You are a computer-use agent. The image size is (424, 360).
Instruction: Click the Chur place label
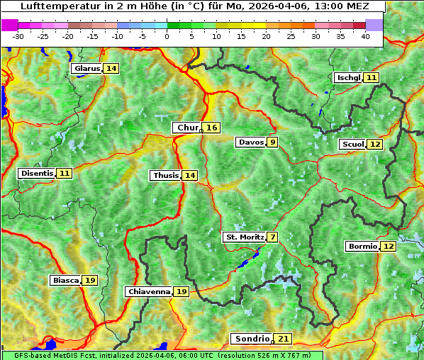[187, 128]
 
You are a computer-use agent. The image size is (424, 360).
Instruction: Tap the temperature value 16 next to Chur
[212, 128]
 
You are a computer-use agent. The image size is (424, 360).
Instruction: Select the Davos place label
[251, 142]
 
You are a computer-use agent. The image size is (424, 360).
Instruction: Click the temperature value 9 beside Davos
[272, 142]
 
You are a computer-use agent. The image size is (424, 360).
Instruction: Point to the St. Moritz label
[244, 237]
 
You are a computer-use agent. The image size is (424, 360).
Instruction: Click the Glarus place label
[87, 69]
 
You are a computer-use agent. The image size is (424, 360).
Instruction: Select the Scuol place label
[352, 145]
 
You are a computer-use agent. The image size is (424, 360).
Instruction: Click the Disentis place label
[37, 174]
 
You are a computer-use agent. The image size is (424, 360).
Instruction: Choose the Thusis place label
[166, 176]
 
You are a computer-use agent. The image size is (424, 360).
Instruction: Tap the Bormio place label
[362, 247]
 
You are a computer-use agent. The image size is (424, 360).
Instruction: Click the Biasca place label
[66, 281]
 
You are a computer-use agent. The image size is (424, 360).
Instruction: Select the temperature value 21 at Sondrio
[284, 339]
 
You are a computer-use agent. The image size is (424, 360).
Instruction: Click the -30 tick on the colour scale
[18, 36]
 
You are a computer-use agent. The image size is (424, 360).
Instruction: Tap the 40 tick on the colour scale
[365, 36]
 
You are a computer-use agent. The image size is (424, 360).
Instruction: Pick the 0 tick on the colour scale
[167, 36]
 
